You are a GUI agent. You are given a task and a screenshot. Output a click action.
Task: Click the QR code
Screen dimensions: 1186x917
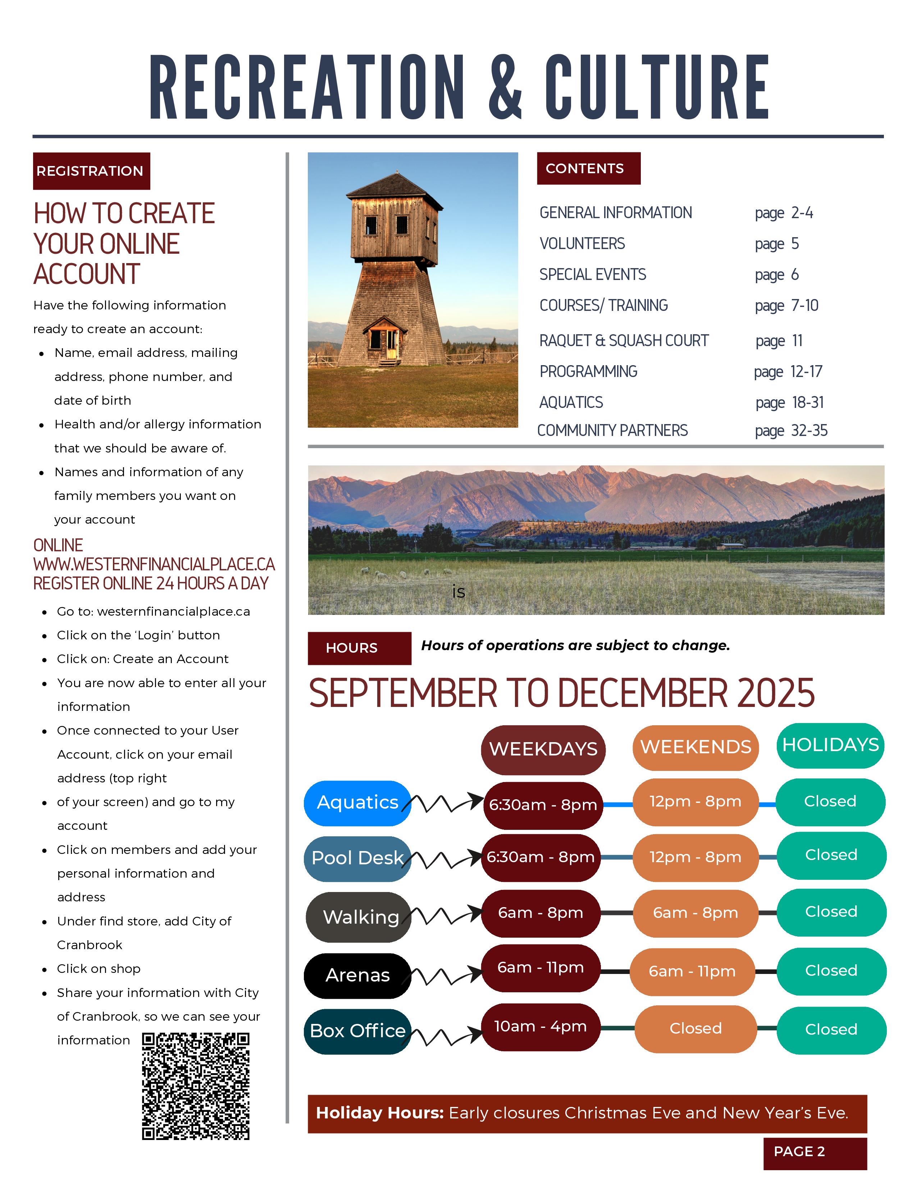[196, 1086]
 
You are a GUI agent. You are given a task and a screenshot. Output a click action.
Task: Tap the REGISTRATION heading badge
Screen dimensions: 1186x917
[91, 171]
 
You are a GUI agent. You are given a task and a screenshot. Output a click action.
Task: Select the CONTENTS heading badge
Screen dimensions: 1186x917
[588, 168]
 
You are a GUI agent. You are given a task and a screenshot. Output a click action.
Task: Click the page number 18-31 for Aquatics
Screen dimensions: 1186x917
[808, 403]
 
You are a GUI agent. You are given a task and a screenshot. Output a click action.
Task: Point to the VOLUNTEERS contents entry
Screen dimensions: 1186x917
[582, 244]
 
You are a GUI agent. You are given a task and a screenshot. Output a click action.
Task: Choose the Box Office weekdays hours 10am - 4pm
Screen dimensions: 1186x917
[540, 1027]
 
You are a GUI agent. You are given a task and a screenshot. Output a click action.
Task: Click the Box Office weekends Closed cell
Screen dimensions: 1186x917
[695, 1029]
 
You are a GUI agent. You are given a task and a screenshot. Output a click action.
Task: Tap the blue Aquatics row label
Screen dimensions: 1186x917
[357, 803]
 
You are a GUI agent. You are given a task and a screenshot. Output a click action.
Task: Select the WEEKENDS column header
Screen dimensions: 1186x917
[695, 747]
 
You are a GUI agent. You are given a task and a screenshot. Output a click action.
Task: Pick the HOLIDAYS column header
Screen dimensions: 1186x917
[830, 745]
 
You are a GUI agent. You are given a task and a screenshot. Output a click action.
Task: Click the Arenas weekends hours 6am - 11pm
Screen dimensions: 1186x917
[692, 971]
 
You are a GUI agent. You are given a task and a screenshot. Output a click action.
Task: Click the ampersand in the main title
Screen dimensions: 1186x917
[505, 87]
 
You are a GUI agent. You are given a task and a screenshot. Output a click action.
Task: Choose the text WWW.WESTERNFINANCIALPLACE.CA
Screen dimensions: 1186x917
[154, 564]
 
